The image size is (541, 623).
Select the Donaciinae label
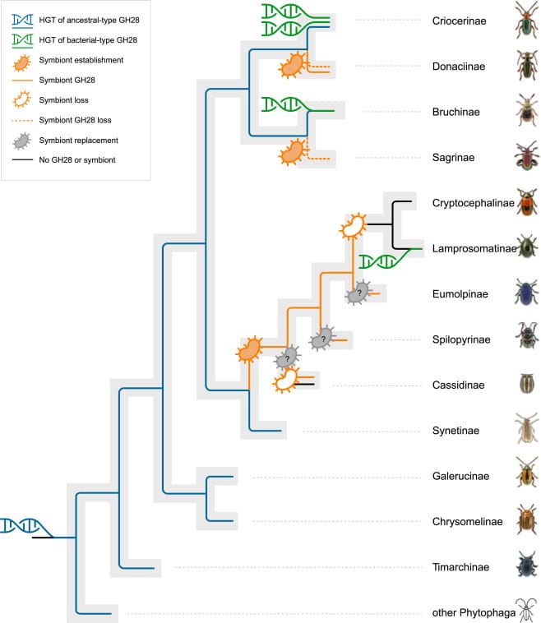(459, 66)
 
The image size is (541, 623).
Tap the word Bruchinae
(455, 112)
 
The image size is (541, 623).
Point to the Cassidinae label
(457, 385)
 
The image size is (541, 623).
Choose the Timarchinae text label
(460, 566)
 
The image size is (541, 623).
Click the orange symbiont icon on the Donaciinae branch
(291, 66)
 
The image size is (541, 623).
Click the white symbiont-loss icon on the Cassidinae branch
(286, 380)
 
